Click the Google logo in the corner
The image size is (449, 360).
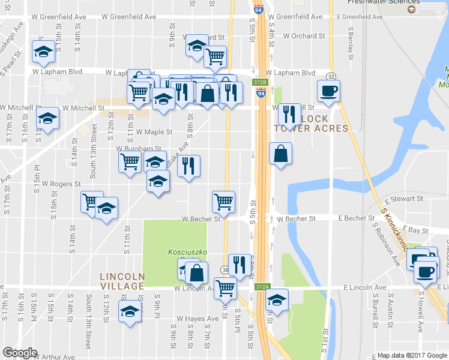20,353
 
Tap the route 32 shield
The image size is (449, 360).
331,76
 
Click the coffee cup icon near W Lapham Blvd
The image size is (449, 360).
328,91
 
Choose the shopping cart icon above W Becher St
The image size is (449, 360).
223,202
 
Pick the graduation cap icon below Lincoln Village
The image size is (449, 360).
129,311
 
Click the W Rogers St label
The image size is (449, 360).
61,184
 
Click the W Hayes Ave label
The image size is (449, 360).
197,319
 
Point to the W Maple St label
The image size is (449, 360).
154,131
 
